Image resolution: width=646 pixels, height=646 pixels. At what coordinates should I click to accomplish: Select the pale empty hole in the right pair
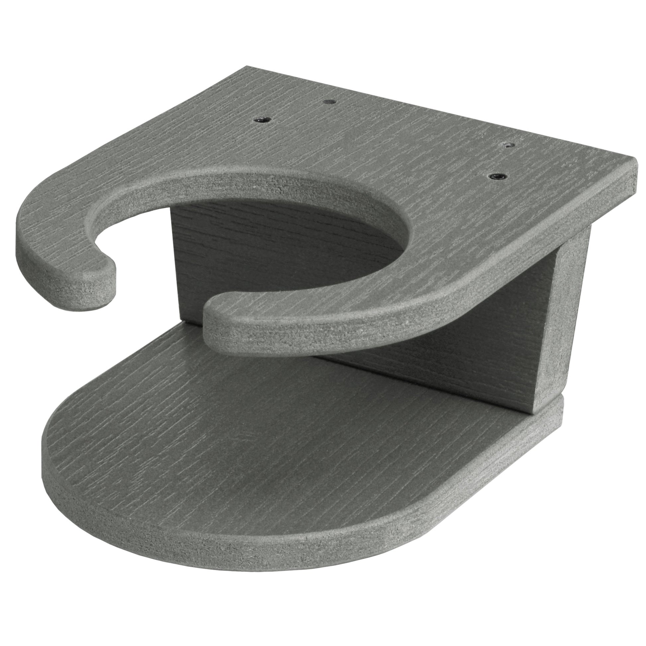coord(509,145)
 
